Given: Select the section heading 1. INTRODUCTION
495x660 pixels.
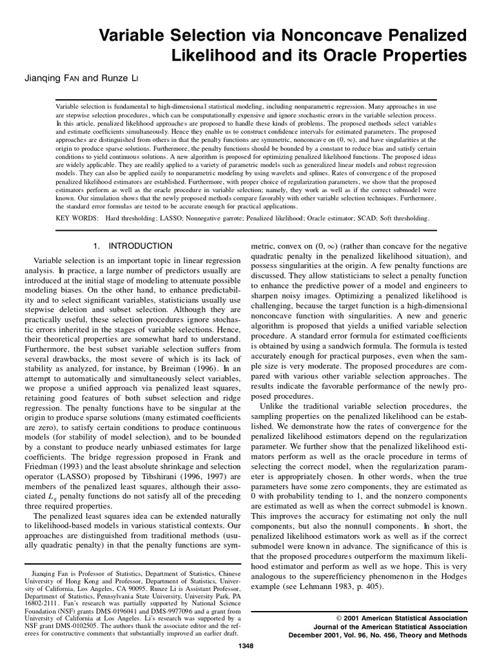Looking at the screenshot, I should pyautogui.click(x=133, y=246).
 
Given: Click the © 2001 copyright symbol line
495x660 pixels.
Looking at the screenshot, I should pyautogui.click(x=398, y=617).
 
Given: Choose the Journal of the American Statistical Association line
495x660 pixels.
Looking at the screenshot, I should pyautogui.click(x=390, y=626).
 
